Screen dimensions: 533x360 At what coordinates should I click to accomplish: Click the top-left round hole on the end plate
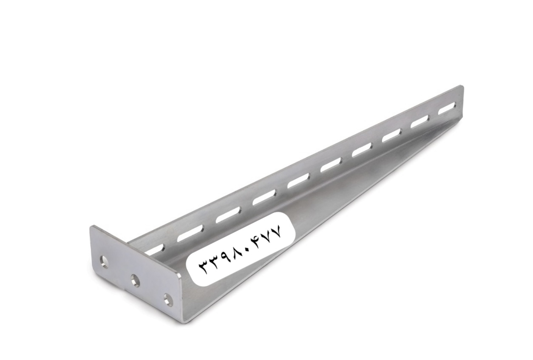(104, 261)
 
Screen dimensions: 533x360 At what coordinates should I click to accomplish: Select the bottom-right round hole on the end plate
(169, 299)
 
